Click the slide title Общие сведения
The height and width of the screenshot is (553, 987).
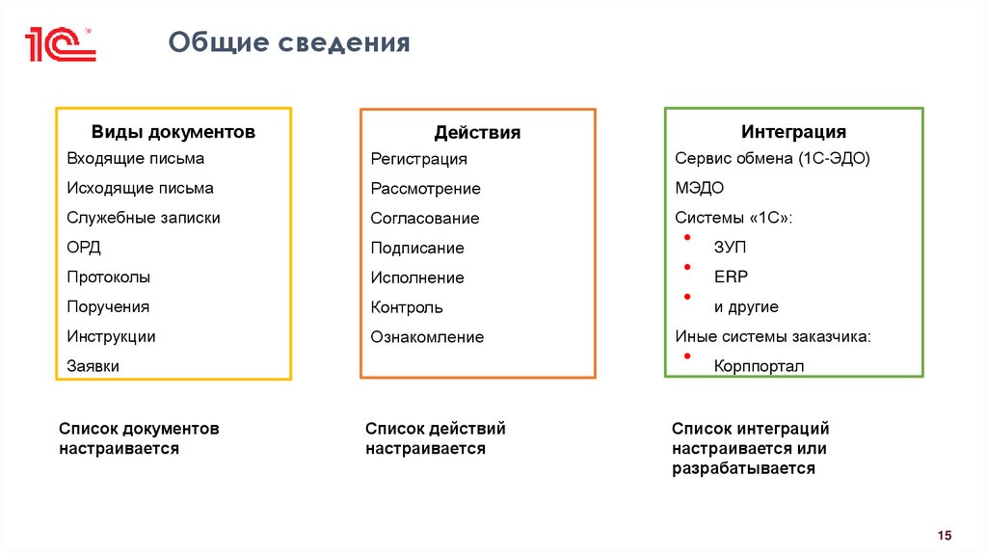tap(290, 43)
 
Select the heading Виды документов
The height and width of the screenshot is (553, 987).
tap(173, 132)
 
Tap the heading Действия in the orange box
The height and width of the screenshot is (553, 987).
tap(477, 133)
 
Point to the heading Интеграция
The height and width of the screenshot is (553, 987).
tap(793, 131)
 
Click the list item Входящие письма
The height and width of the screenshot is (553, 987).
tap(136, 158)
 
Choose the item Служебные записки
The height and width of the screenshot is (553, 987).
tap(144, 218)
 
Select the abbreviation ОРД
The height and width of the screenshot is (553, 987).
tap(84, 248)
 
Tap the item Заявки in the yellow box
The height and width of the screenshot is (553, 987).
tap(93, 366)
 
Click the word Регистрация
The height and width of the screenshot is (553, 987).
tap(419, 159)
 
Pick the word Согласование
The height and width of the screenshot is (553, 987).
tap(425, 219)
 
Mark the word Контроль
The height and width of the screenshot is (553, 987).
tap(407, 307)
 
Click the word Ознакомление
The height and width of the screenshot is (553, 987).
tap(427, 337)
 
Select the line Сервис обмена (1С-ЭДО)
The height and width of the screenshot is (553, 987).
tap(772, 158)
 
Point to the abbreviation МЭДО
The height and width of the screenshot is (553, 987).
tap(700, 188)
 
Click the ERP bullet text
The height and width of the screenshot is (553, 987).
tap(731, 277)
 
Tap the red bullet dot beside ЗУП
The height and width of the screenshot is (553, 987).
tap(687, 237)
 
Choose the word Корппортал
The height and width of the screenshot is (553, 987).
tap(759, 366)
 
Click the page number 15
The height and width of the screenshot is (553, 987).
tap(944, 536)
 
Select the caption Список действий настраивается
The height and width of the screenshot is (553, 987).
tap(436, 438)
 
